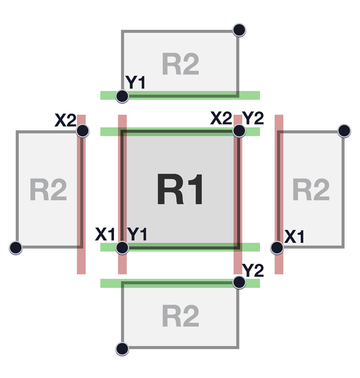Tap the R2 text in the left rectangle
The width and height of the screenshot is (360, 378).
pos(48,190)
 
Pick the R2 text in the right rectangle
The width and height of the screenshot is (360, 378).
pos(311,190)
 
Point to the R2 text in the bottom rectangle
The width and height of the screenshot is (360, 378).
pos(180,316)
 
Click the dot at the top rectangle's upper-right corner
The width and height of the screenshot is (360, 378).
pos(239,30)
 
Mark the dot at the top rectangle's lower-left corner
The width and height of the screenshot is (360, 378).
pos(122,96)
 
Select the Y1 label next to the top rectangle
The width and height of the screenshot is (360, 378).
pos(135,82)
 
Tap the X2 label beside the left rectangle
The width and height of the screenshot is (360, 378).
pos(65,121)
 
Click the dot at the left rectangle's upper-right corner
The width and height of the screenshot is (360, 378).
pos(82,131)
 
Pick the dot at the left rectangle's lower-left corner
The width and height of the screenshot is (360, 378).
pos(16,248)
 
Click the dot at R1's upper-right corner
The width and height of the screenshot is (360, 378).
pos(239,131)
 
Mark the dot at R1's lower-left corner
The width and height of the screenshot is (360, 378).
pos(122,247)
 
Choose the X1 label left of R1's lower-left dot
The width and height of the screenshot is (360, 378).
pos(105,234)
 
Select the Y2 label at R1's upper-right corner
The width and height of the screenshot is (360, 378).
pos(253,117)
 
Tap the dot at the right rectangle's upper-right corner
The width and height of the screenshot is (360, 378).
pos(344,131)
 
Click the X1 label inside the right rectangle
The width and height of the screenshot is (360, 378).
pos(294,237)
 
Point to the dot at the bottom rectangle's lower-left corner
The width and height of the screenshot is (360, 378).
pos(122,349)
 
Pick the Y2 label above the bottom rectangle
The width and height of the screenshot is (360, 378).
pos(253,270)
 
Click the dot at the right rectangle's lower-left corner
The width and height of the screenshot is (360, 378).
pos(277,247)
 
